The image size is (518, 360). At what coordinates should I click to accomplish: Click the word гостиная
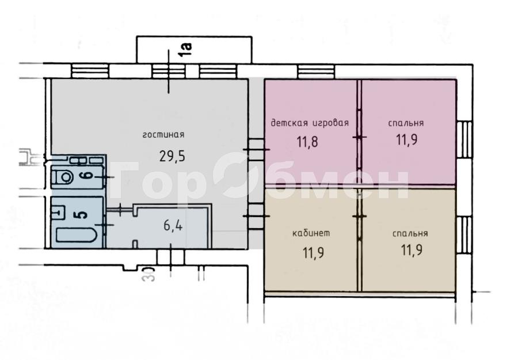click(163, 135)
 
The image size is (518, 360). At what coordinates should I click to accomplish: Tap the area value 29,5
click(172, 156)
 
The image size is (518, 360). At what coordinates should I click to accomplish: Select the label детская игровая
click(310, 123)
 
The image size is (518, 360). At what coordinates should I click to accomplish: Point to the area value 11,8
click(307, 142)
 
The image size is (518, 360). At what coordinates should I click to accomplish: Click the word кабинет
click(311, 233)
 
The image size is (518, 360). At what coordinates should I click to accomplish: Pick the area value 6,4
click(173, 226)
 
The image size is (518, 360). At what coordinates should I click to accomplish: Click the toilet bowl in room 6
click(64, 177)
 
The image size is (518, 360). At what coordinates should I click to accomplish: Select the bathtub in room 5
click(77, 236)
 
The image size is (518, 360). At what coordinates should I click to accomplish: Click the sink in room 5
click(58, 211)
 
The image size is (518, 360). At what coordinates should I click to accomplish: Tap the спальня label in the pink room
click(406, 123)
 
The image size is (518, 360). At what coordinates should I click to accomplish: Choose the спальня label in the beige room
click(410, 233)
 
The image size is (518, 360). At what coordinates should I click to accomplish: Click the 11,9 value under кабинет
click(313, 253)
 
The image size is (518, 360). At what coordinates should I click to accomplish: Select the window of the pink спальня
click(464, 139)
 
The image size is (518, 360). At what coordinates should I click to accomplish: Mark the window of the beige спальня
click(464, 235)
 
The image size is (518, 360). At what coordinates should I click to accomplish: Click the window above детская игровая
click(316, 71)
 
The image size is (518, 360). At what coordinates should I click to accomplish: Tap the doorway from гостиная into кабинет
click(256, 216)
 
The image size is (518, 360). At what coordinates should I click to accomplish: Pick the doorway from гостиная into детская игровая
click(256, 150)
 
